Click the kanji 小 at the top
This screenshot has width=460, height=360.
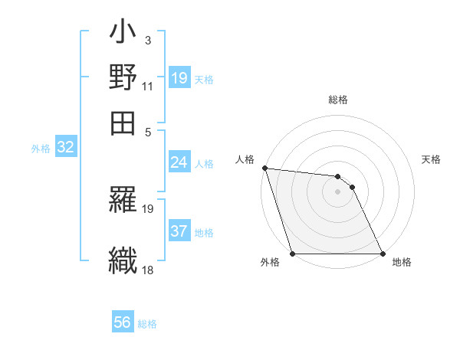[x=123, y=34]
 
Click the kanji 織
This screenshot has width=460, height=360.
[x=123, y=259]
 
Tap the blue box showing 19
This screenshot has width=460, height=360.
[x=179, y=78]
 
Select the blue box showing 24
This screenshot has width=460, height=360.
[x=179, y=162]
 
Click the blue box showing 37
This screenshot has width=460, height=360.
[x=179, y=231]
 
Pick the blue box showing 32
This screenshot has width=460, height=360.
[x=66, y=148]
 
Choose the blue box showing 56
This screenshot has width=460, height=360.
[x=123, y=322]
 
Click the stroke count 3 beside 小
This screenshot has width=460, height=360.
[x=147, y=40]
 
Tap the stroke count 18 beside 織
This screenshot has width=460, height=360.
[x=147, y=270]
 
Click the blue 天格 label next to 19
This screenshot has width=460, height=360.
[x=204, y=79]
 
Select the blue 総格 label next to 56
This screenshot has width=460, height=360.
[x=147, y=323]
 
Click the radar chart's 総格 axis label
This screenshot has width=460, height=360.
[x=337, y=100]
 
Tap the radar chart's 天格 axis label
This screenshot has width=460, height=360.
[x=431, y=159]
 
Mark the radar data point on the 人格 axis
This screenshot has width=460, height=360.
[x=264, y=168]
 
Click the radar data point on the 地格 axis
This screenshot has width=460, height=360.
[x=383, y=254]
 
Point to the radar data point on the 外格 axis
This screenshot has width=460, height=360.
[x=293, y=254]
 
